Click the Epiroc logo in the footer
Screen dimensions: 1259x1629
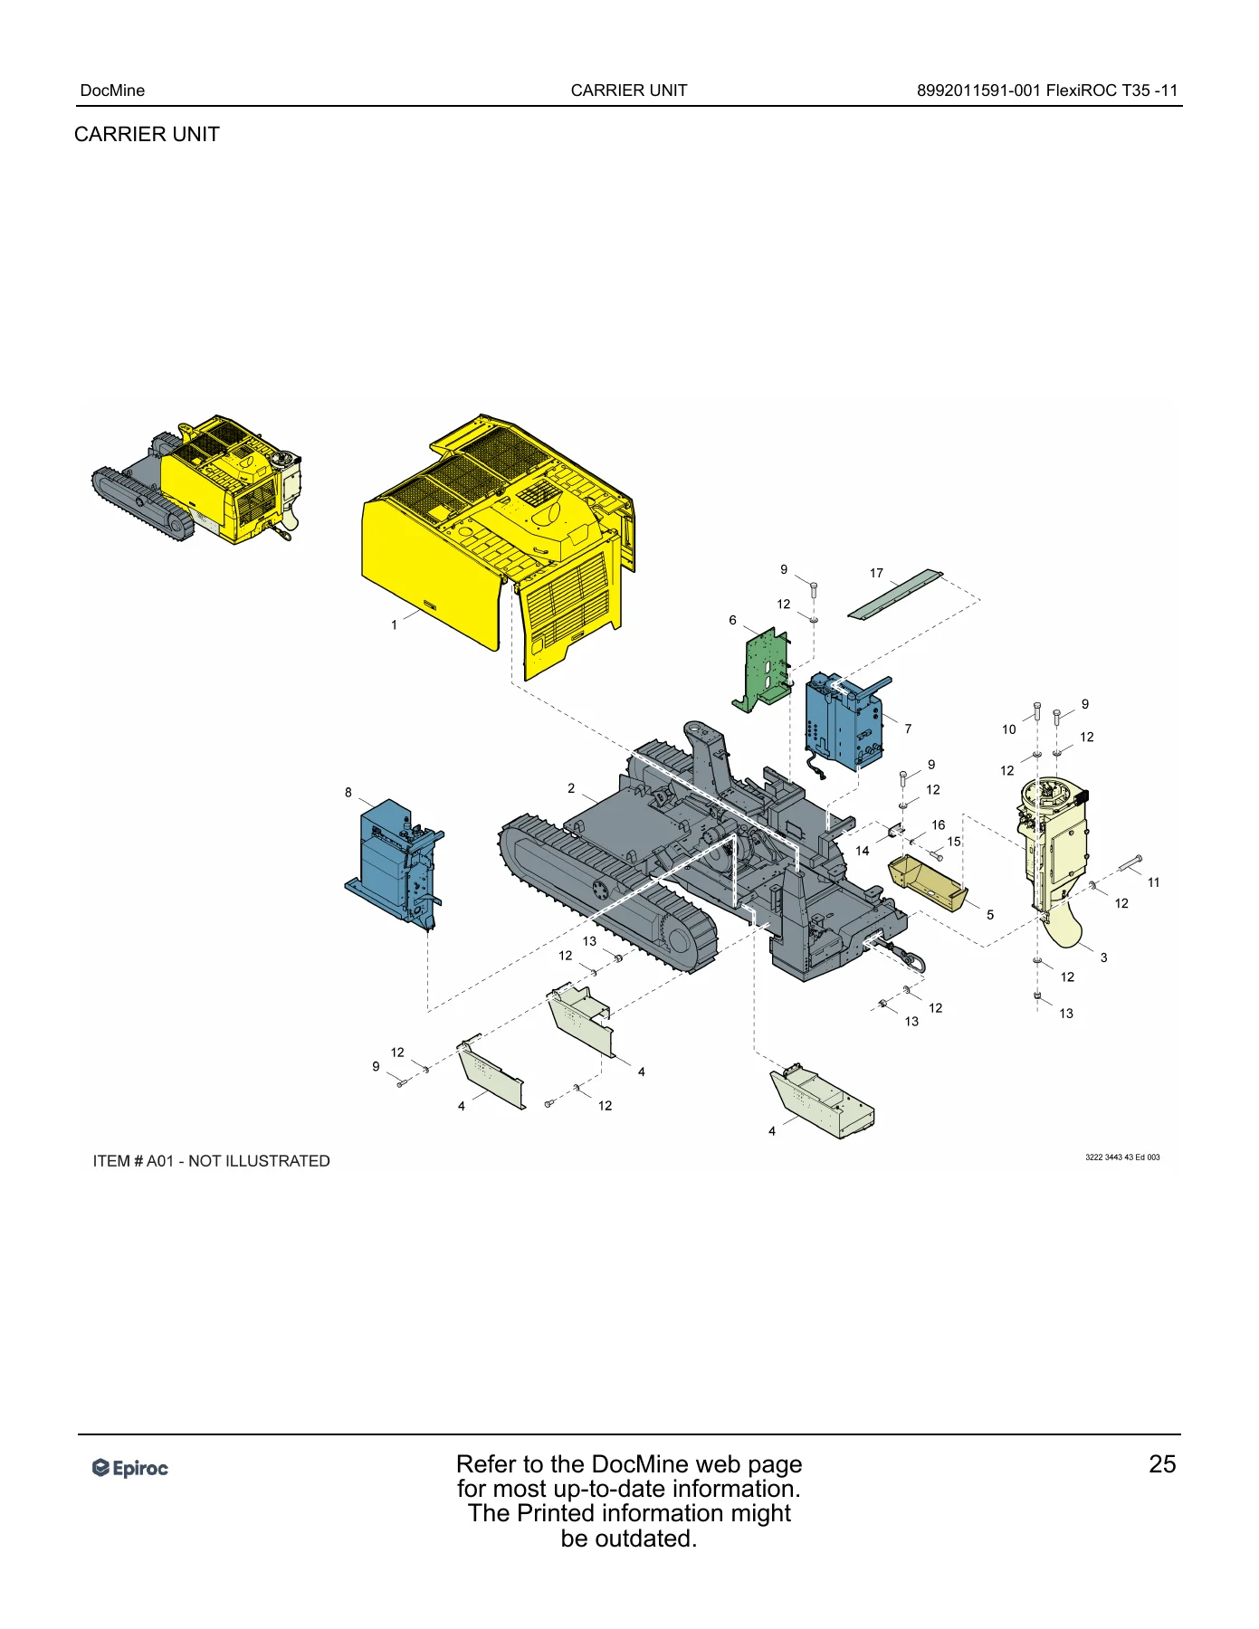(x=130, y=1468)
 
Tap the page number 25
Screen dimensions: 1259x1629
(x=1162, y=1464)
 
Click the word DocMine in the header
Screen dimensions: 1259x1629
(x=112, y=90)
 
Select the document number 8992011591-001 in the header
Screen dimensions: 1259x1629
(x=978, y=90)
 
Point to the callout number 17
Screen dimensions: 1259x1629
(x=876, y=573)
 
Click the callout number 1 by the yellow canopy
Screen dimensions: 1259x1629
(x=394, y=624)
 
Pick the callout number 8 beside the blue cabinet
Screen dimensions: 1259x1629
(x=348, y=793)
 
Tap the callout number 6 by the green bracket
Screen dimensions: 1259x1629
(x=732, y=620)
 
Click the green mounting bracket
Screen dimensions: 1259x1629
(x=762, y=670)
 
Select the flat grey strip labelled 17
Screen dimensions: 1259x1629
(x=895, y=595)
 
